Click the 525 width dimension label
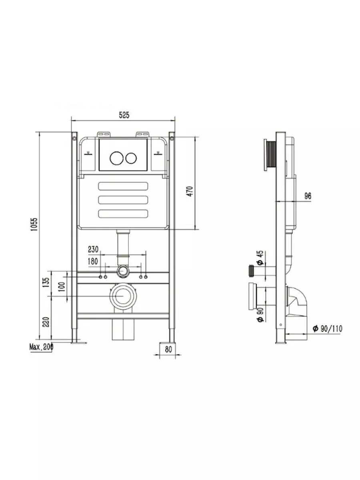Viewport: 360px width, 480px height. click(x=124, y=115)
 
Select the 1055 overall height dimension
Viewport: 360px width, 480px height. click(x=34, y=225)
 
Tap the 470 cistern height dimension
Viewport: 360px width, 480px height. click(x=190, y=191)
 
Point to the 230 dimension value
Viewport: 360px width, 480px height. click(x=93, y=249)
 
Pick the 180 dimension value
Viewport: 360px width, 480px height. click(x=93, y=261)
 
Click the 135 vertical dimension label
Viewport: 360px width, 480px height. click(x=46, y=283)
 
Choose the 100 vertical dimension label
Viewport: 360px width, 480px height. click(x=62, y=287)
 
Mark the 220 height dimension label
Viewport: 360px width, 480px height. click(x=46, y=322)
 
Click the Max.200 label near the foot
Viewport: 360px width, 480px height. click(x=41, y=347)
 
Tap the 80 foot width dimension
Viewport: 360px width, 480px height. click(x=168, y=350)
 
